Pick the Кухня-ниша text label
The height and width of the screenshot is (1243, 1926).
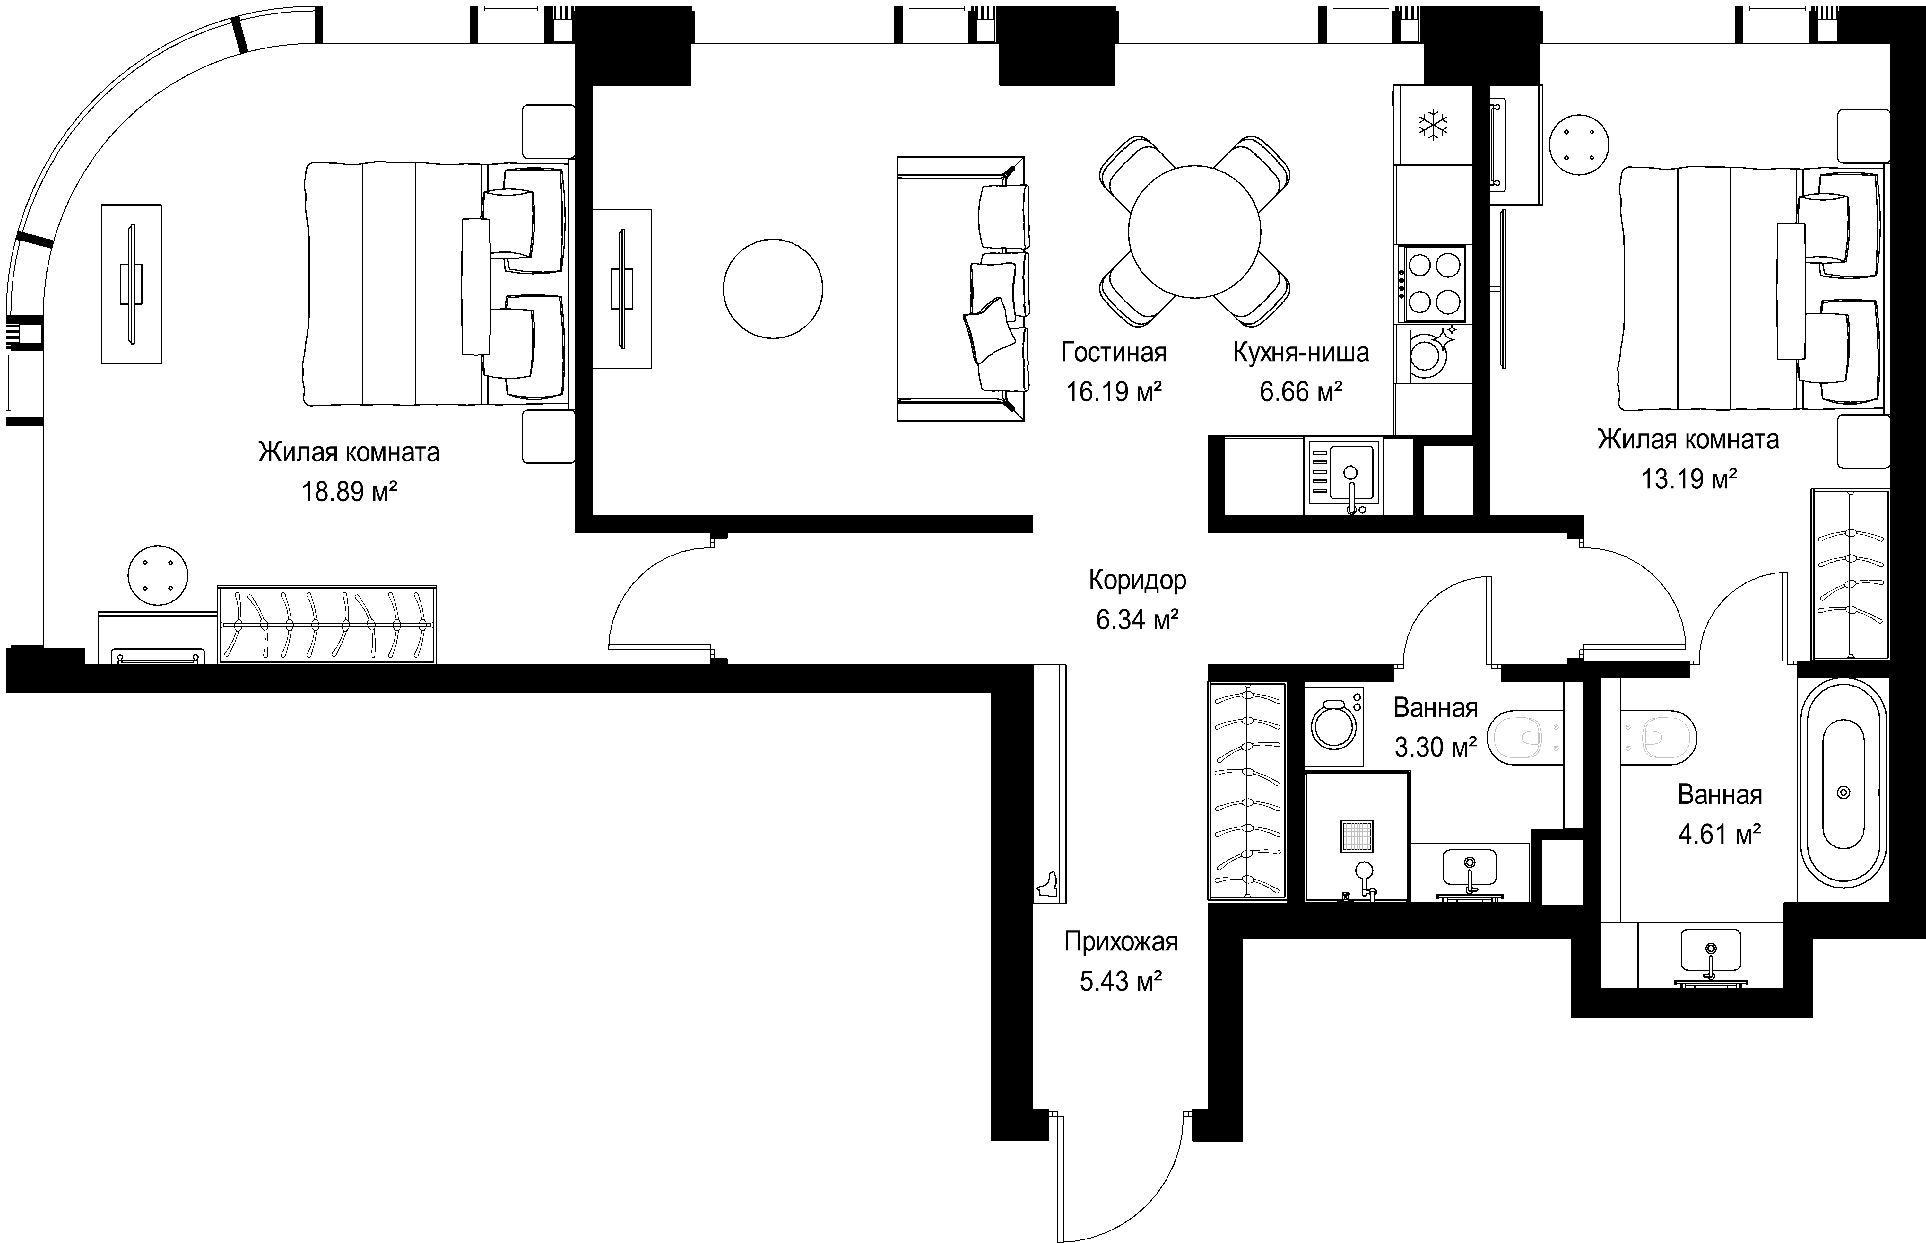click(1301, 353)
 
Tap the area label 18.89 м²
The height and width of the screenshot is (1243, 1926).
click(349, 492)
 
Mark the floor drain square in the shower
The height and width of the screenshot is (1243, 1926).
click(1356, 836)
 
